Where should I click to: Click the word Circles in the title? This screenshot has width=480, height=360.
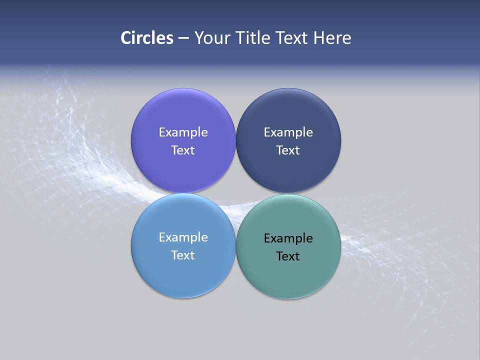147,38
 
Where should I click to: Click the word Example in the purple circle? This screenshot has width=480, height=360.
183,132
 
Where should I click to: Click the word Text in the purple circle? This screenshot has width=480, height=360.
183,150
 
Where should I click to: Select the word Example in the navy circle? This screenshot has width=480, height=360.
288,132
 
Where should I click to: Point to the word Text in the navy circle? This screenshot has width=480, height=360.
288,150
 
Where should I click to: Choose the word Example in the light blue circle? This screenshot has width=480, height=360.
183,237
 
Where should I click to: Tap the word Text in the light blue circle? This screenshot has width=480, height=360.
183,255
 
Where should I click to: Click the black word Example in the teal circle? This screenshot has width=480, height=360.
288,238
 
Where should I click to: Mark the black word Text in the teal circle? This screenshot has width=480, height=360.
288,256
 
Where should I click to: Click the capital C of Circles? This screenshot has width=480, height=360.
125,38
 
